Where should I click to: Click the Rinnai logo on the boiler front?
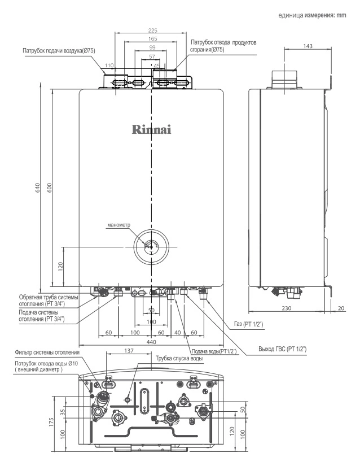point(151,129)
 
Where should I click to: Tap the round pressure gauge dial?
point(151,246)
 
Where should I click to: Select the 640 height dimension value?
point(37,188)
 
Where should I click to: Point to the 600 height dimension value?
point(50,188)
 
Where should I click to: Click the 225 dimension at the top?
point(152,31)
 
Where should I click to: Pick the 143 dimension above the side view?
point(308,46)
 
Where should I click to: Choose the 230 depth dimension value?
point(287,308)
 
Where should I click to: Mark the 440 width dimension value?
point(151,342)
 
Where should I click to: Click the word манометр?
point(118,225)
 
